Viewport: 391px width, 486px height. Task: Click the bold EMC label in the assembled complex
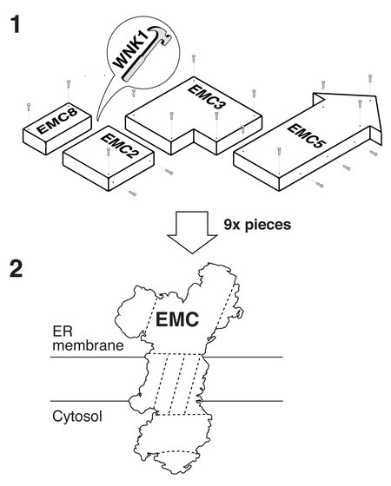(178, 322)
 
